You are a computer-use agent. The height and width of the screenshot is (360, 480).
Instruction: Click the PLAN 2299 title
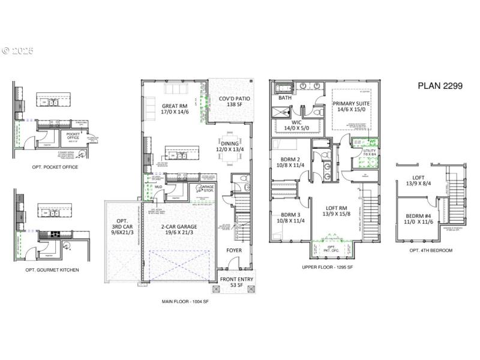[440, 86]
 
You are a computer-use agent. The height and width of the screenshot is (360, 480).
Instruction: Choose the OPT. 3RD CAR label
[122, 227]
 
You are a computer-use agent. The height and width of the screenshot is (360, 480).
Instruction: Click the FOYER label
[234, 250]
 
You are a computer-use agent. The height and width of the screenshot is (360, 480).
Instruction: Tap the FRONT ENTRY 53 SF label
[236, 282]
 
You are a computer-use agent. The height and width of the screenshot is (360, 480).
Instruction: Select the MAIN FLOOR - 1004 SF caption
[185, 302]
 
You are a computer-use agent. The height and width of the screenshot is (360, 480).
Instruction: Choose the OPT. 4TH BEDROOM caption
[430, 250]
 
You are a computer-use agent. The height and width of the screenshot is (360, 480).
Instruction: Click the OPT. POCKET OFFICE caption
[55, 167]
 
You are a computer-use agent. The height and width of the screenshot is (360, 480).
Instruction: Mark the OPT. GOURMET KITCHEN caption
[52, 270]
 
